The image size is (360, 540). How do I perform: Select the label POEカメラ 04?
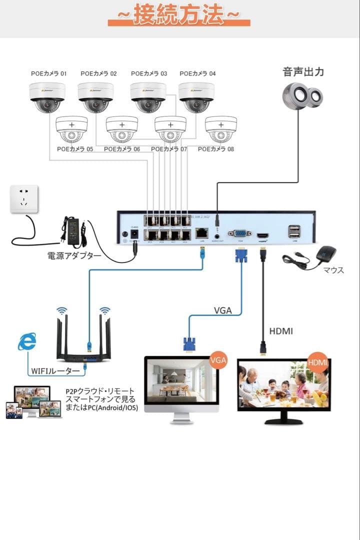197,73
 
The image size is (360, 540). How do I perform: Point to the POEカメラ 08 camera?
220,129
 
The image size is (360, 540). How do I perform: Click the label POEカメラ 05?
75,149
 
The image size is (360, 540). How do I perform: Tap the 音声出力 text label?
303,71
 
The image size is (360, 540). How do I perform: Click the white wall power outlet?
24,199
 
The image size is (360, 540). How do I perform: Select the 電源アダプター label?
74,256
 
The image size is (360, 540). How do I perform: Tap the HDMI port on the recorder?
262,235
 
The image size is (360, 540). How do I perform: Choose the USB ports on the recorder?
294,231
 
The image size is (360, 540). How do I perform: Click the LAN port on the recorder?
202,232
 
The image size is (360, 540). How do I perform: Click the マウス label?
333,270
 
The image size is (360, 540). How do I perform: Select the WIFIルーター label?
55,371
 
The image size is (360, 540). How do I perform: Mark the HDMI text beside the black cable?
281,331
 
